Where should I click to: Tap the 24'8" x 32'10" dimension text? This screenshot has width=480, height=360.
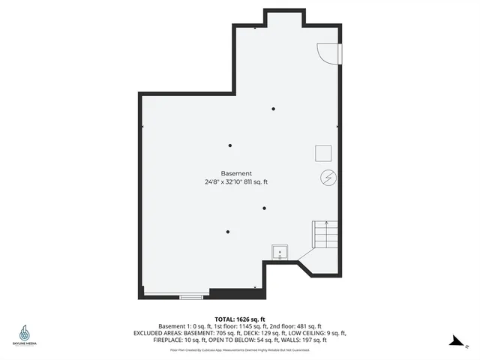tap(222, 182)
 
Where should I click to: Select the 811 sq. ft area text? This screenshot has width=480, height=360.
tap(254, 182)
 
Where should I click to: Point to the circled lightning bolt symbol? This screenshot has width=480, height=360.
tap(328, 178)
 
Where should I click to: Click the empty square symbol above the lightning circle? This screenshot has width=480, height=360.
tap(323, 152)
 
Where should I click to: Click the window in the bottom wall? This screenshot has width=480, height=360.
tap(190, 297)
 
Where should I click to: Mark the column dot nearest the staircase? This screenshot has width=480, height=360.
tap(264, 208)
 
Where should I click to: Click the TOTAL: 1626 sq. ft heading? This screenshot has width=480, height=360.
tap(240, 319)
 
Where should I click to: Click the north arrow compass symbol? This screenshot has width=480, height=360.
tap(455, 340)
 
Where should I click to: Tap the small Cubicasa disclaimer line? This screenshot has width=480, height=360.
tap(240, 349)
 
